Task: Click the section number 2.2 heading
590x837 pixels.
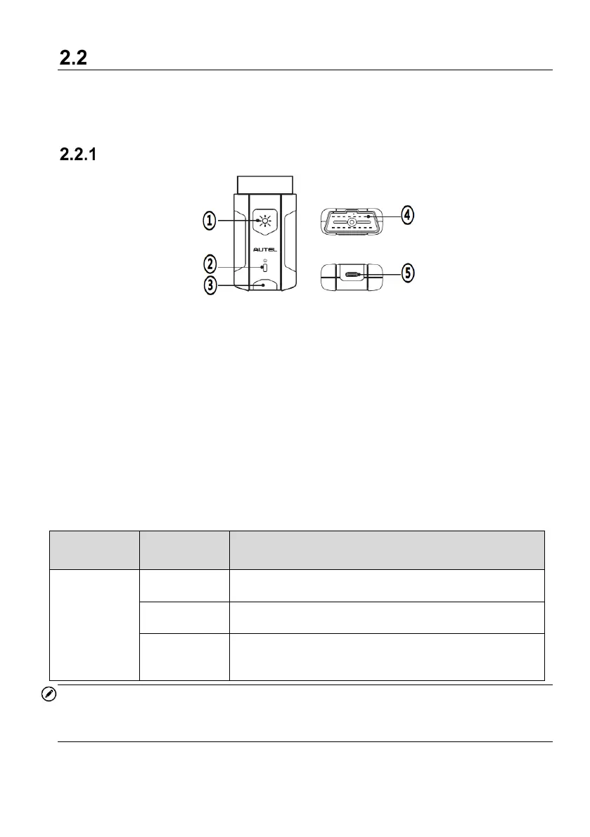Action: click(x=73, y=58)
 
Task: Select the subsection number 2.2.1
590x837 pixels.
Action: click(x=78, y=155)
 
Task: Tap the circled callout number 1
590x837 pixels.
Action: click(x=210, y=221)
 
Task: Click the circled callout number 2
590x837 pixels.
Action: click(x=210, y=264)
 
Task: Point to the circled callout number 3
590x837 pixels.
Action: click(x=210, y=285)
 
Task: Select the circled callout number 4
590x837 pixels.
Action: click(x=407, y=215)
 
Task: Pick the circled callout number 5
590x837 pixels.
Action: click(x=407, y=273)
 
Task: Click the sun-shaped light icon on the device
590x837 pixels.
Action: click(x=265, y=221)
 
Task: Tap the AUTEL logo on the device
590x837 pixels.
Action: click(x=265, y=249)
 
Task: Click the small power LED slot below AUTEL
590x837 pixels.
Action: click(x=265, y=266)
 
